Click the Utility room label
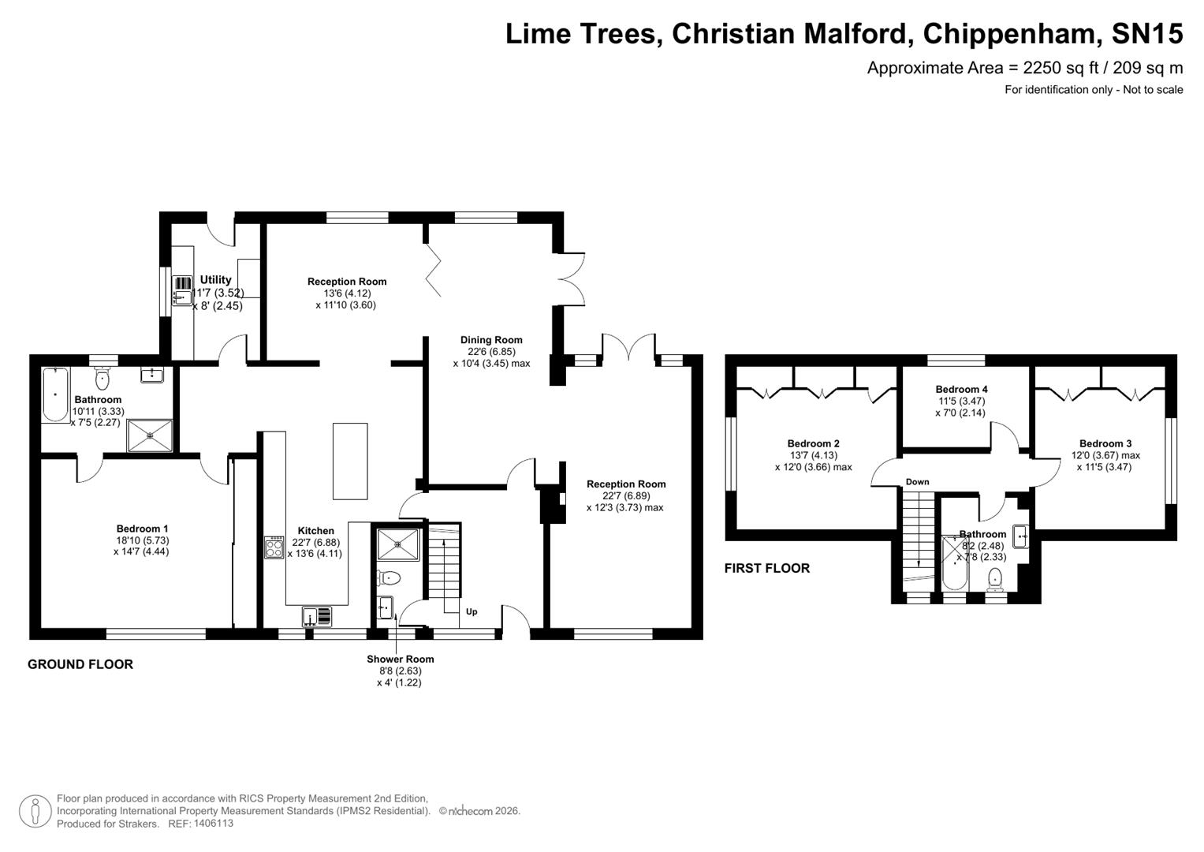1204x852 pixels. [x=215, y=280]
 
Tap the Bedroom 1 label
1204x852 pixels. [x=142, y=529]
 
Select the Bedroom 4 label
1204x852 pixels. [x=961, y=389]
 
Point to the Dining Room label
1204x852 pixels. [x=491, y=340]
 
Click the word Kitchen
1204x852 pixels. [x=315, y=531]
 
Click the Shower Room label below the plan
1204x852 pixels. [x=400, y=660]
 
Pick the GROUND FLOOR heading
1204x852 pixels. [x=80, y=664]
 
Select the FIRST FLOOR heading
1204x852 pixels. [x=766, y=568]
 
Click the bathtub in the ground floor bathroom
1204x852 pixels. [x=55, y=394]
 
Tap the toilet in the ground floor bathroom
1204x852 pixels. [x=103, y=380]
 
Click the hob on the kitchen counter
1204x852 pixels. [x=274, y=547]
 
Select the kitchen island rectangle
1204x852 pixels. [x=350, y=461]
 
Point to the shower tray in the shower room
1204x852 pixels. [x=398, y=544]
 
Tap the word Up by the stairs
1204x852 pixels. [x=472, y=611]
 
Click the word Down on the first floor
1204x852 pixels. [x=917, y=482]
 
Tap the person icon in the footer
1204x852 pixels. [x=35, y=811]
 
